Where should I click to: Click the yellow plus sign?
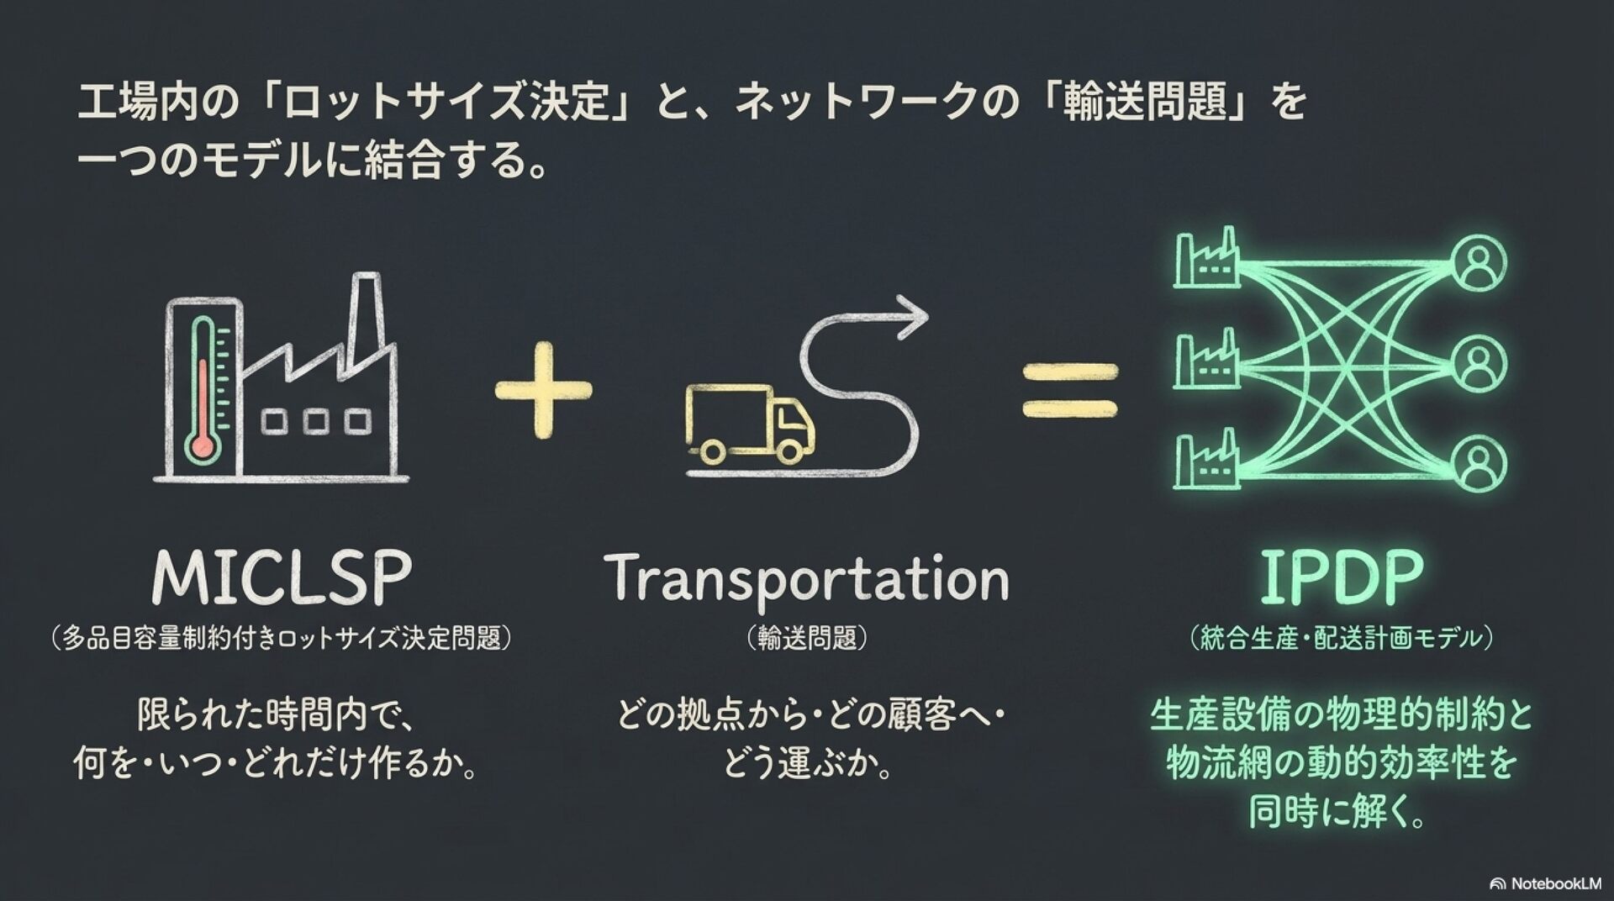tap(543, 389)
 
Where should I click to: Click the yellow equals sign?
tap(1070, 390)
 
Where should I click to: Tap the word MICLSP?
tap(282, 577)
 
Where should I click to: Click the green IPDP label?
tap(1340, 577)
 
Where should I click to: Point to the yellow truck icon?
tap(748, 424)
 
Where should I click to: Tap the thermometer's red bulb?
tap(203, 445)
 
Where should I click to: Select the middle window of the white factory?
tap(316, 421)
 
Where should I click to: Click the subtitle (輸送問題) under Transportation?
tap(806, 639)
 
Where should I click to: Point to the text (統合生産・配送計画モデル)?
tap(1341, 639)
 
